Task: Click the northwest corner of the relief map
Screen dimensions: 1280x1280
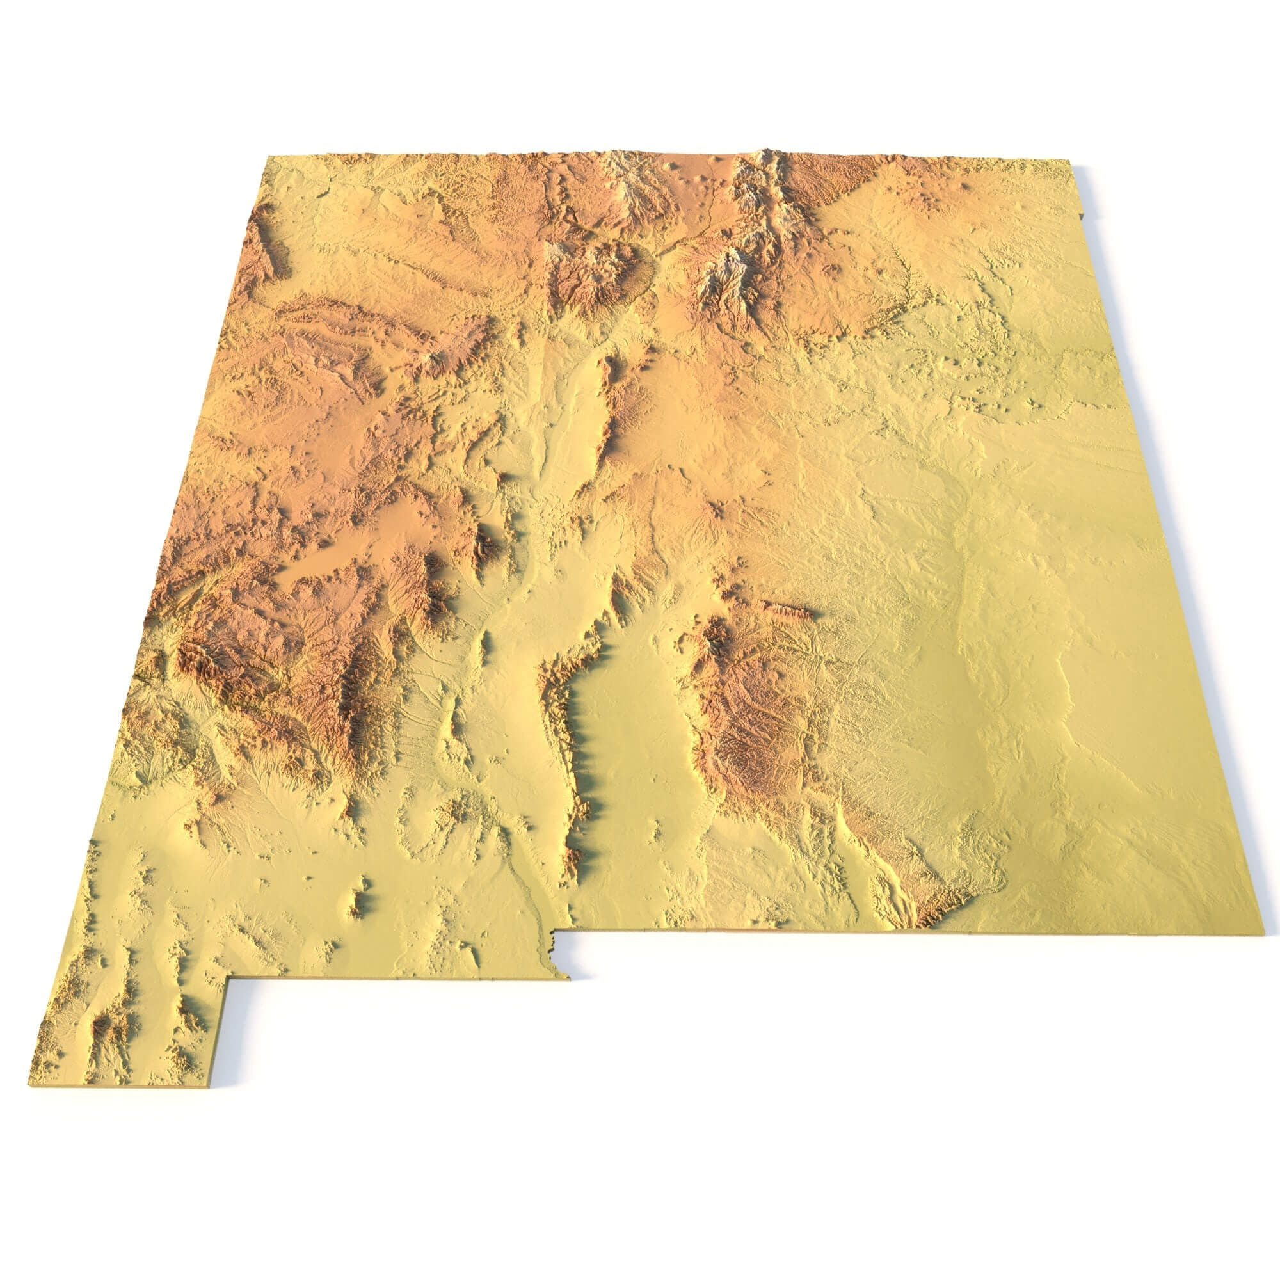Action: point(268,157)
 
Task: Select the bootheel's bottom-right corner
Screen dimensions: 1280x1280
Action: point(208,1085)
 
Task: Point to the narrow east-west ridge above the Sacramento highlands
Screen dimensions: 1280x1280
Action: point(788,608)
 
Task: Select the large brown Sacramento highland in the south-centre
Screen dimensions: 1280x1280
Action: point(762,716)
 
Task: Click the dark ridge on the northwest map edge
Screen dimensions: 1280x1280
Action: point(265,239)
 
